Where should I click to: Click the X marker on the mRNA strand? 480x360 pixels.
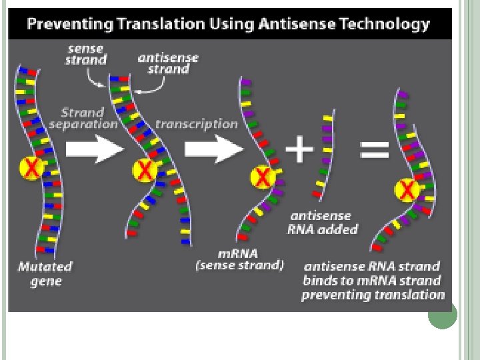(263, 177)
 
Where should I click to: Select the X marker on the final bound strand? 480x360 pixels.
(407, 191)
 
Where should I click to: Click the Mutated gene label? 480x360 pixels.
(45, 273)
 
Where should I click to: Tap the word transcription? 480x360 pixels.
(196, 123)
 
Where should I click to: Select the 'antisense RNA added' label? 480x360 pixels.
(323, 223)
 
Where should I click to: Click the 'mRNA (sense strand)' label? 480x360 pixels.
(239, 259)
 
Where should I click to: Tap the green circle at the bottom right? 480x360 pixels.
(442, 314)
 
